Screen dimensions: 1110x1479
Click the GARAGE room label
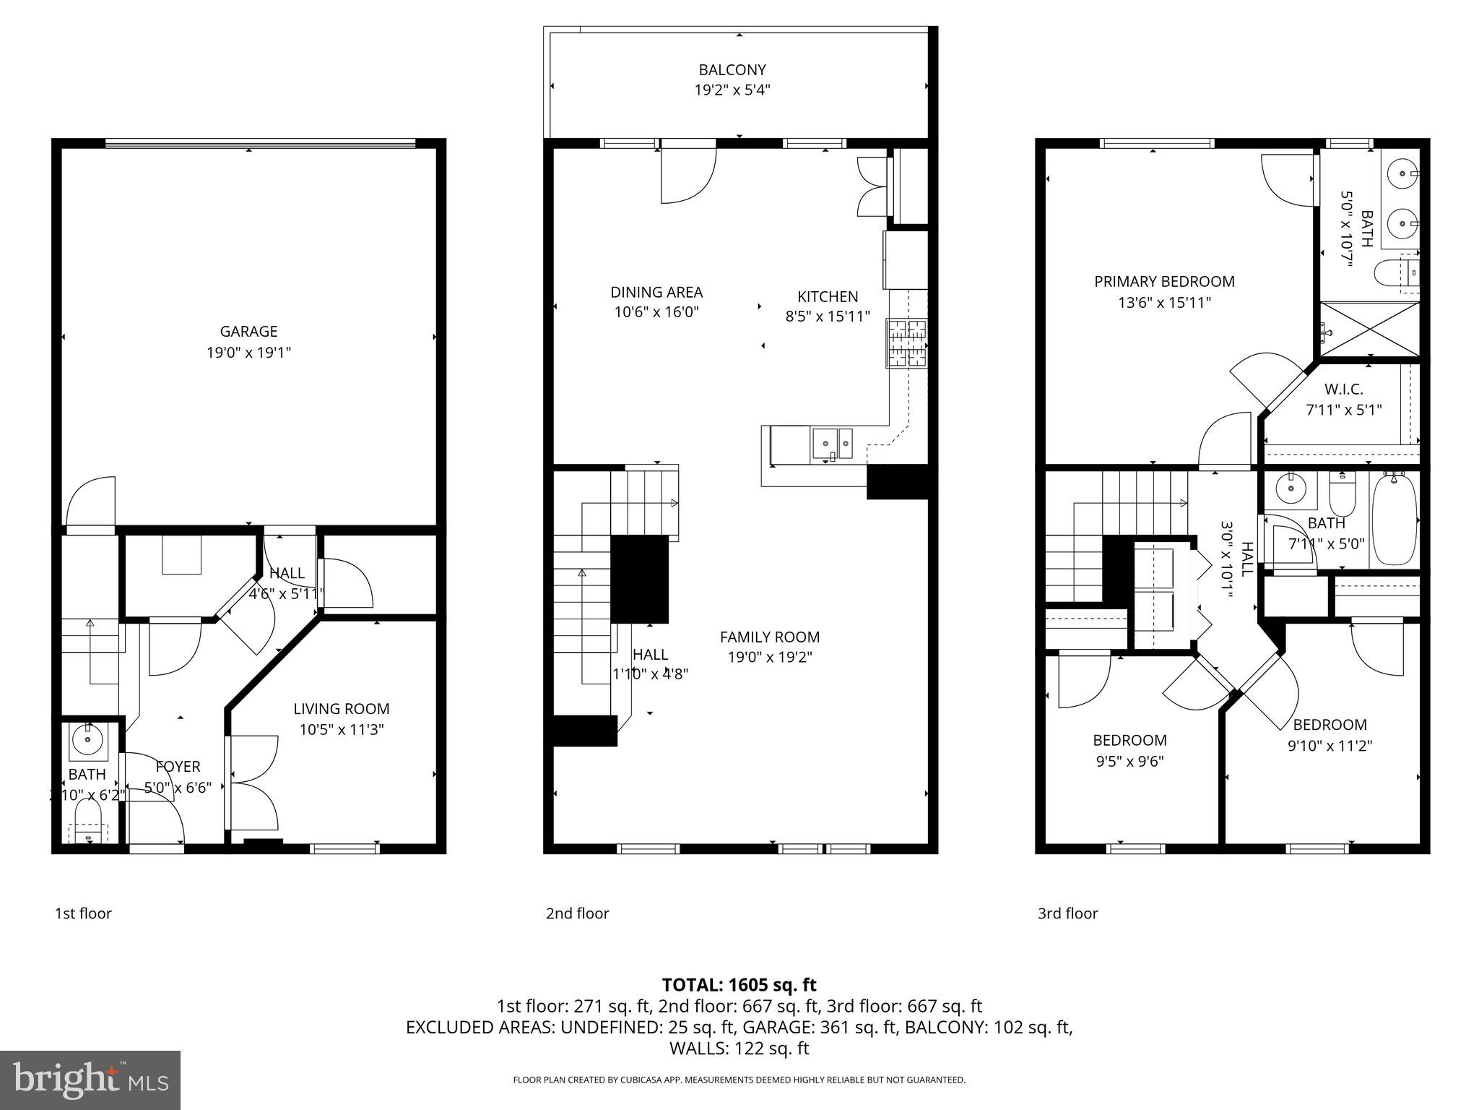click(x=248, y=332)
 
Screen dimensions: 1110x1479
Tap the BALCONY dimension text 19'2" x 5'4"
click(x=732, y=91)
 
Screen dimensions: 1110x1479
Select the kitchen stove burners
click(x=906, y=343)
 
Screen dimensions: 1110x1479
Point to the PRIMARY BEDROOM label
click(x=1164, y=282)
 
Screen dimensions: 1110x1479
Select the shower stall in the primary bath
click(x=1369, y=329)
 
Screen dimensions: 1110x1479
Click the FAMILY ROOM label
click(x=769, y=637)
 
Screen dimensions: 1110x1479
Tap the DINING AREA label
click(x=656, y=293)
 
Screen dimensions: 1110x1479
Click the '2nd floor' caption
click(x=577, y=913)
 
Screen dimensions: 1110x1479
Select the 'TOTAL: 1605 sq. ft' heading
click(x=739, y=985)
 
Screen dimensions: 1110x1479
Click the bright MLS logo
click(x=90, y=1080)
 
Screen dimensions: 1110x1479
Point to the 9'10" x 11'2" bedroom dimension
click(x=1330, y=746)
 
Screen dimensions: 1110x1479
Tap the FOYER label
click(x=178, y=767)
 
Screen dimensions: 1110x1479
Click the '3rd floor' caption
click(x=1067, y=913)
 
